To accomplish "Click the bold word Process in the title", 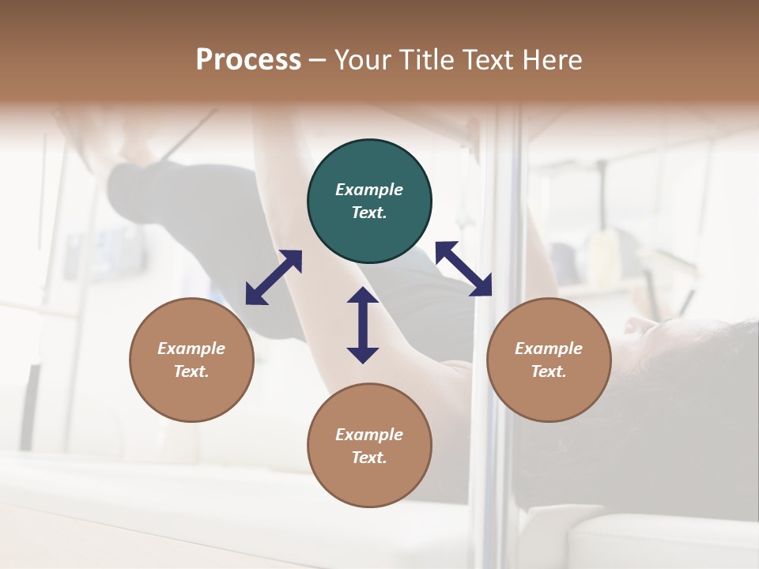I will point(248,60).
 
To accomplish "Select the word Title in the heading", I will point(426,60).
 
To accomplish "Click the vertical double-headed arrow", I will point(363,325).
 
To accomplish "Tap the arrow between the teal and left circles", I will point(274,277).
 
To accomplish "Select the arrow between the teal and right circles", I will point(463,269).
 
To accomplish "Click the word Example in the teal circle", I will point(369,190).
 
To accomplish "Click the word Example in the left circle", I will point(191,349).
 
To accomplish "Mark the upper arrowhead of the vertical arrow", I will point(363,296).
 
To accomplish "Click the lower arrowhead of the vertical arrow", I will point(363,355).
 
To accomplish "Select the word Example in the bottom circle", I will point(369,435).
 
